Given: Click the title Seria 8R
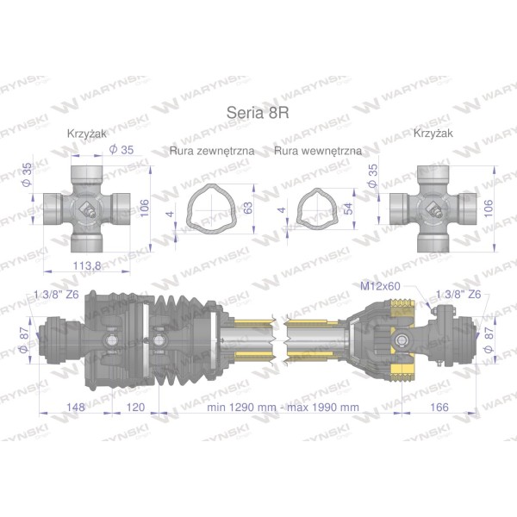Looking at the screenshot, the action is click(258, 113).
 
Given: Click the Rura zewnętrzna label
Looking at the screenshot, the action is click(212, 151).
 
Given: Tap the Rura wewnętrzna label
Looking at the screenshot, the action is click(318, 151).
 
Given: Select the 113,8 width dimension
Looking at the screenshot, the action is click(87, 265).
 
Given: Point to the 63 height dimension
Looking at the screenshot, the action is click(247, 208).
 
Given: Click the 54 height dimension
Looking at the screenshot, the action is click(347, 209).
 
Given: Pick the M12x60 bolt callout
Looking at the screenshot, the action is click(380, 286).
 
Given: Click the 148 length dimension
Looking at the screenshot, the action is click(76, 408).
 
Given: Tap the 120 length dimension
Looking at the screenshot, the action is click(135, 408).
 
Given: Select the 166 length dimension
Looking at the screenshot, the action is click(439, 408).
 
